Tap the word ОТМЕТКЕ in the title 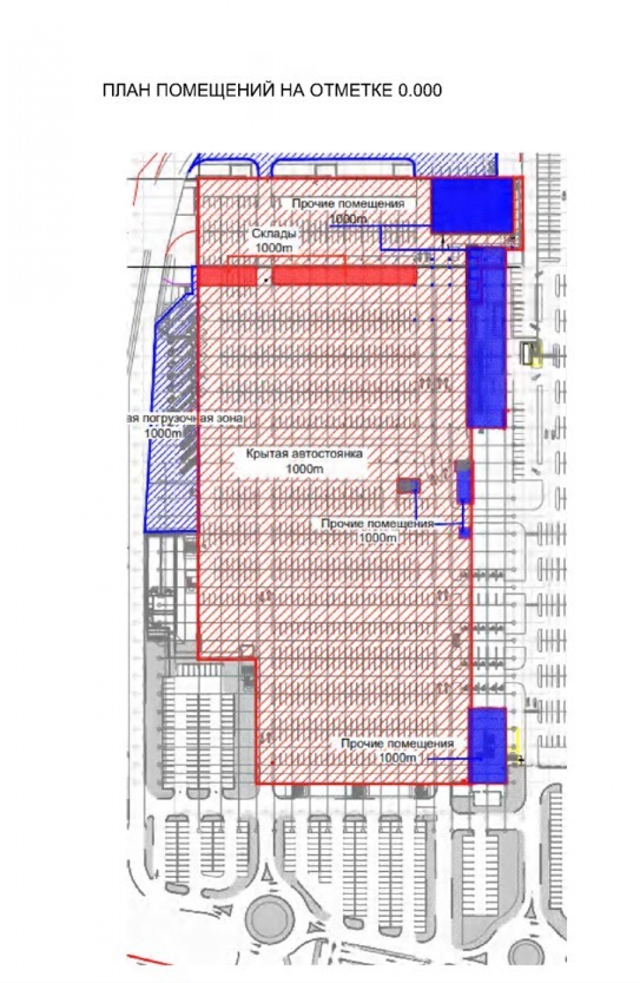[350, 90]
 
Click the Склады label [273, 234]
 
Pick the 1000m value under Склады [273, 247]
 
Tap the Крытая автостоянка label [304, 454]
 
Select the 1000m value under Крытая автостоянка [304, 468]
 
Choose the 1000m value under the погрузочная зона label [163, 433]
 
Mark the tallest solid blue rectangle [485, 337]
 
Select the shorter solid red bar [226, 276]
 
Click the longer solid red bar [344, 276]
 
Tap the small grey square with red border [408, 485]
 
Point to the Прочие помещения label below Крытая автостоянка [378, 524]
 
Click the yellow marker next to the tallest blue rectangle [530, 353]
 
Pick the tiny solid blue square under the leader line [464, 533]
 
